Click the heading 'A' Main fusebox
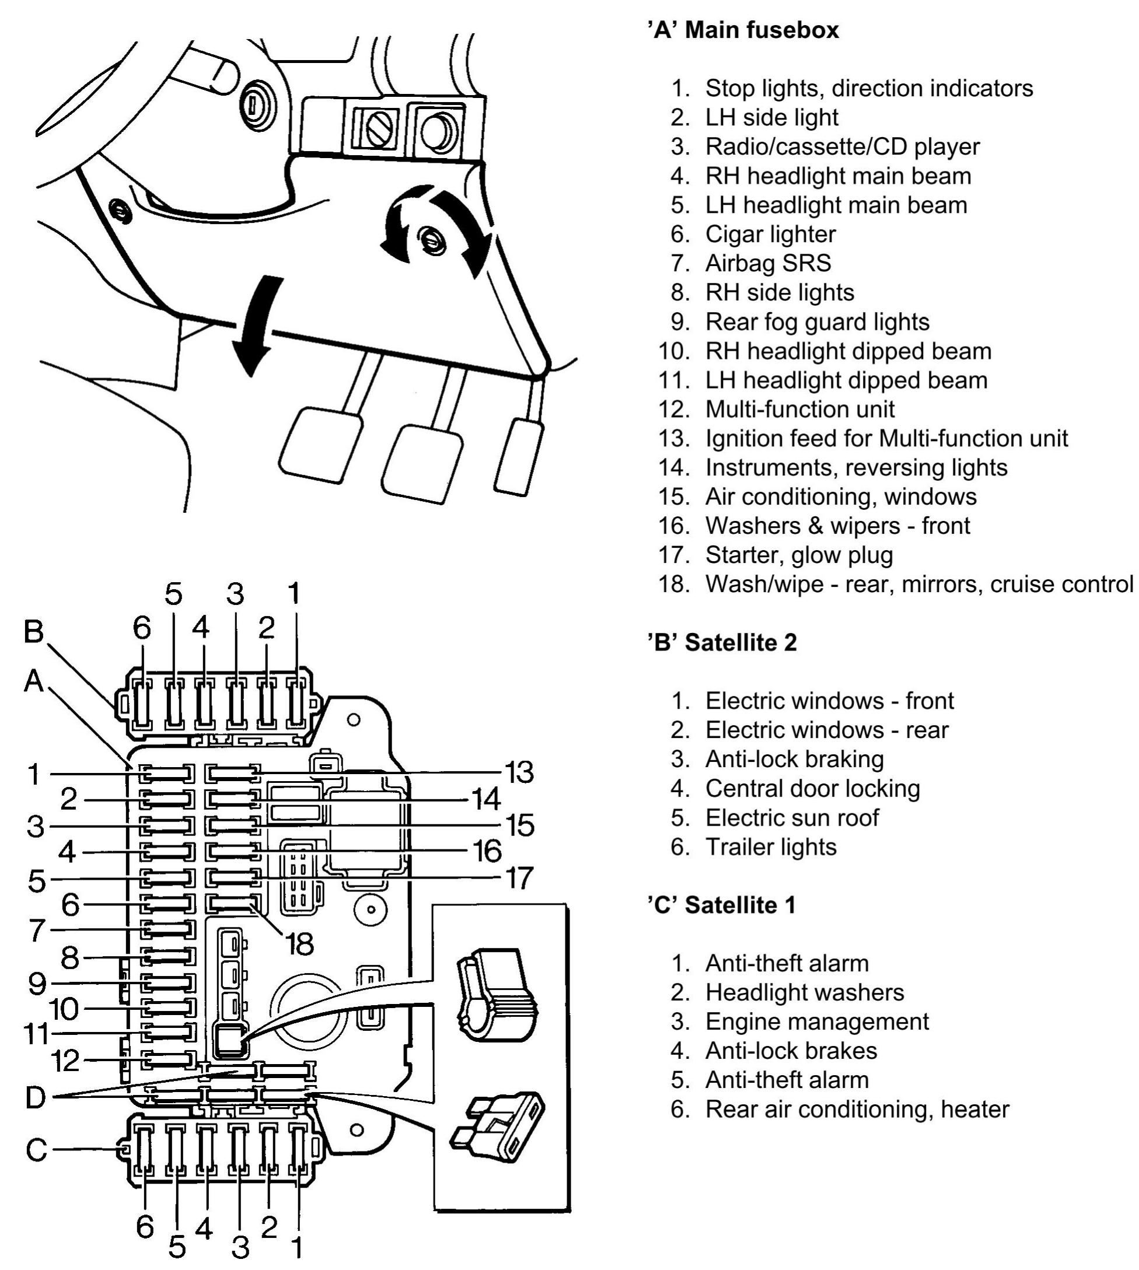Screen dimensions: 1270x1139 tap(743, 30)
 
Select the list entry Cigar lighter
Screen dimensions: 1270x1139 tap(770, 234)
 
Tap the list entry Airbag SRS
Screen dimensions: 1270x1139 tap(768, 263)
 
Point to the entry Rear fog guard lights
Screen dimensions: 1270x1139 tap(817, 321)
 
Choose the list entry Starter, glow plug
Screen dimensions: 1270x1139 tap(799, 555)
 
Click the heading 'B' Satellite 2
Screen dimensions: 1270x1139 tap(722, 642)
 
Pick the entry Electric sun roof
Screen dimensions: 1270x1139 tap(792, 818)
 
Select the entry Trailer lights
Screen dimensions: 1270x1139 tap(770, 846)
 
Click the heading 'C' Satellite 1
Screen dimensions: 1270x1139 tap(722, 905)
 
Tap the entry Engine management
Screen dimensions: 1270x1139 tap(817, 1021)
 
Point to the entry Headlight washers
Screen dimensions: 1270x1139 tap(804, 992)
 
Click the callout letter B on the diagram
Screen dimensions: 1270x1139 tap(34, 632)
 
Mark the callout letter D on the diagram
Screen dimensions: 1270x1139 tap(36, 1097)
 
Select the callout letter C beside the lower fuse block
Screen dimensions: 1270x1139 tap(37, 1149)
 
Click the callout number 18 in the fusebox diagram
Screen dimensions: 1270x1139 tap(299, 944)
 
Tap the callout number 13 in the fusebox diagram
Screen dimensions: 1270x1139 tap(519, 772)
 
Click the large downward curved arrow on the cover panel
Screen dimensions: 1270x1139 tap(255, 326)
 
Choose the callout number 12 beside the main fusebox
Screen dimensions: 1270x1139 tap(65, 1060)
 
